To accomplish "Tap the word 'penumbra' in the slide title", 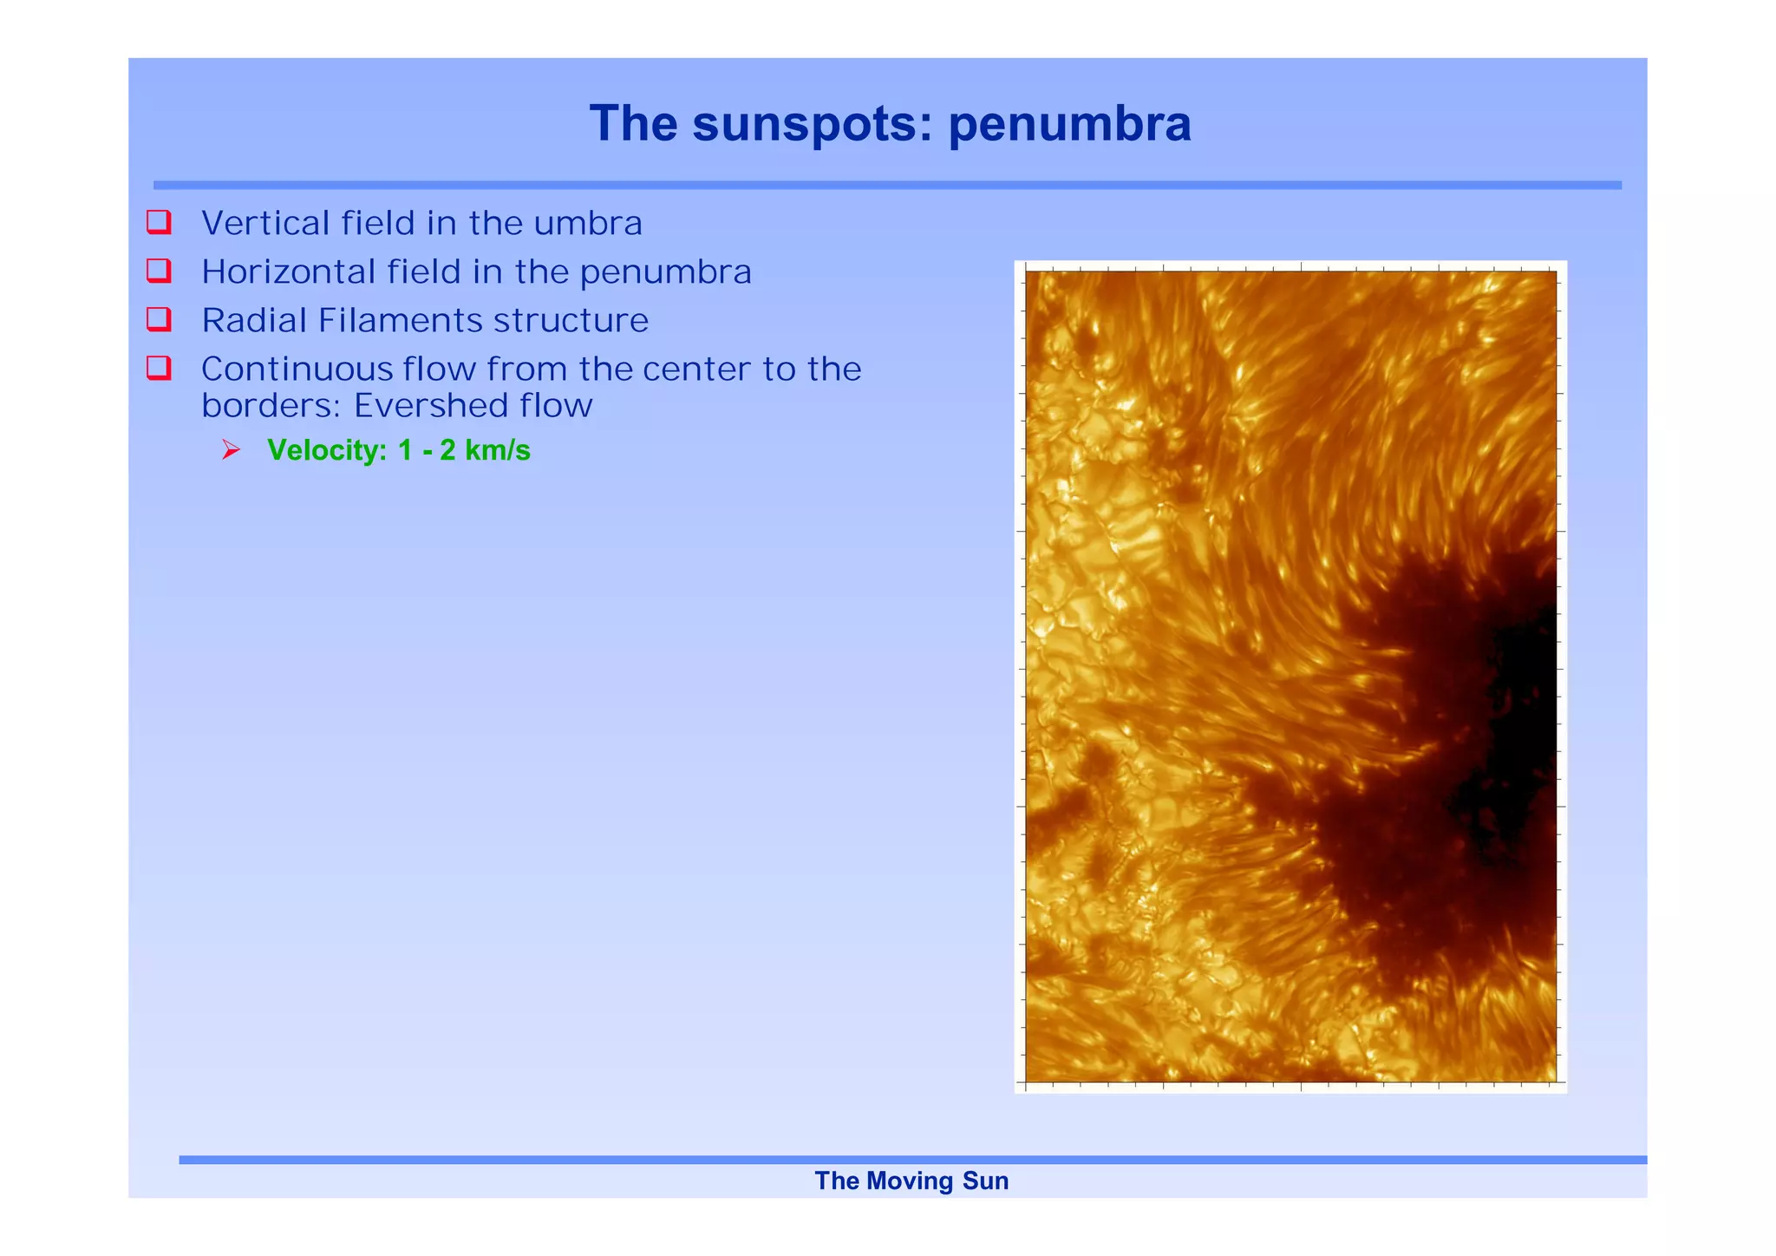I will pyautogui.click(x=1069, y=124).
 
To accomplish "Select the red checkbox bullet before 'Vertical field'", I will pyautogui.click(x=159, y=222).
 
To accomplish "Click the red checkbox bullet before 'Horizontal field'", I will pyautogui.click(x=159, y=271).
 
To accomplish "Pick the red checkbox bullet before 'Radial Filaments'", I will pyautogui.click(x=159, y=319).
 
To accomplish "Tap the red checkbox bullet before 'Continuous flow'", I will pyautogui.click(x=159, y=368).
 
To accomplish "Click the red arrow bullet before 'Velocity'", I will pyautogui.click(x=231, y=450).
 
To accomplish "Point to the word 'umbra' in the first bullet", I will pyautogui.click(x=587, y=224).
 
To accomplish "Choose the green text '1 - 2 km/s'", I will pyautogui.click(x=464, y=450).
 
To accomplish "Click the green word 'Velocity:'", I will pyautogui.click(x=327, y=450).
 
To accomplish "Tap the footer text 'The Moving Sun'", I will pyautogui.click(x=911, y=1181).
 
